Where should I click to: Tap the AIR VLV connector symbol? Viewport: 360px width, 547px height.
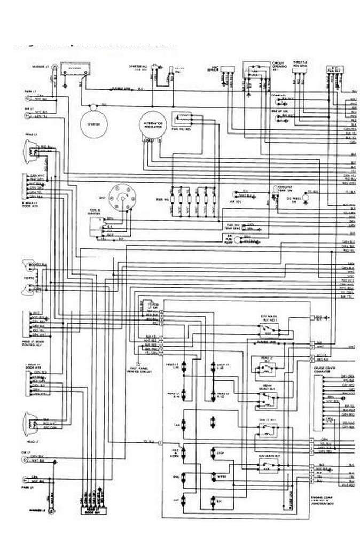(239, 197)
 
